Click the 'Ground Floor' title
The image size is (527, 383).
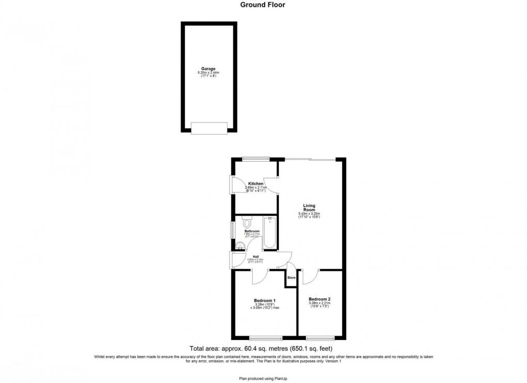(262, 5)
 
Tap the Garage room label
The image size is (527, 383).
(208, 69)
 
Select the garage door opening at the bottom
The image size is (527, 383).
(209, 128)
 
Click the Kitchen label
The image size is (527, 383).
(256, 184)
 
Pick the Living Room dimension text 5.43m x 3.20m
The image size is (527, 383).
(309, 214)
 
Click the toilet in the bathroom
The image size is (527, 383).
(246, 223)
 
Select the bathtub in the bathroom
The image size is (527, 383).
(270, 233)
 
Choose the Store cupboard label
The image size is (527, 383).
(291, 278)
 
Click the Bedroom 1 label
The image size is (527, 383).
(265, 301)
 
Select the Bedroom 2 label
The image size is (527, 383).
(319, 299)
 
